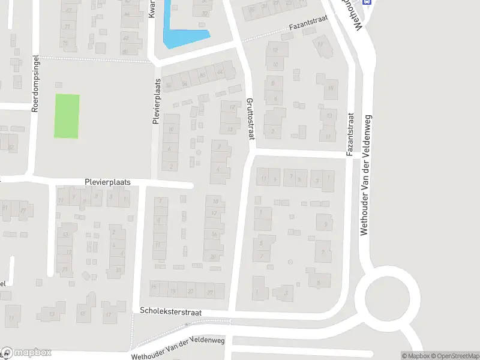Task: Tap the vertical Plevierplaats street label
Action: click(156, 101)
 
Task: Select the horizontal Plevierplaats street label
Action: click(107, 181)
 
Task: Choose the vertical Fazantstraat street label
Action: click(350, 135)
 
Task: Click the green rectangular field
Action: click(67, 116)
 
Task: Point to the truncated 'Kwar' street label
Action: click(152, 8)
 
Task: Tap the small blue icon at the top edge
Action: click(368, 2)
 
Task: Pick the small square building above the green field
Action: click(58, 85)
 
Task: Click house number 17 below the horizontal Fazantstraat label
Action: click(322, 45)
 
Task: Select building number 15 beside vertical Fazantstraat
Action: click(331, 88)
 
